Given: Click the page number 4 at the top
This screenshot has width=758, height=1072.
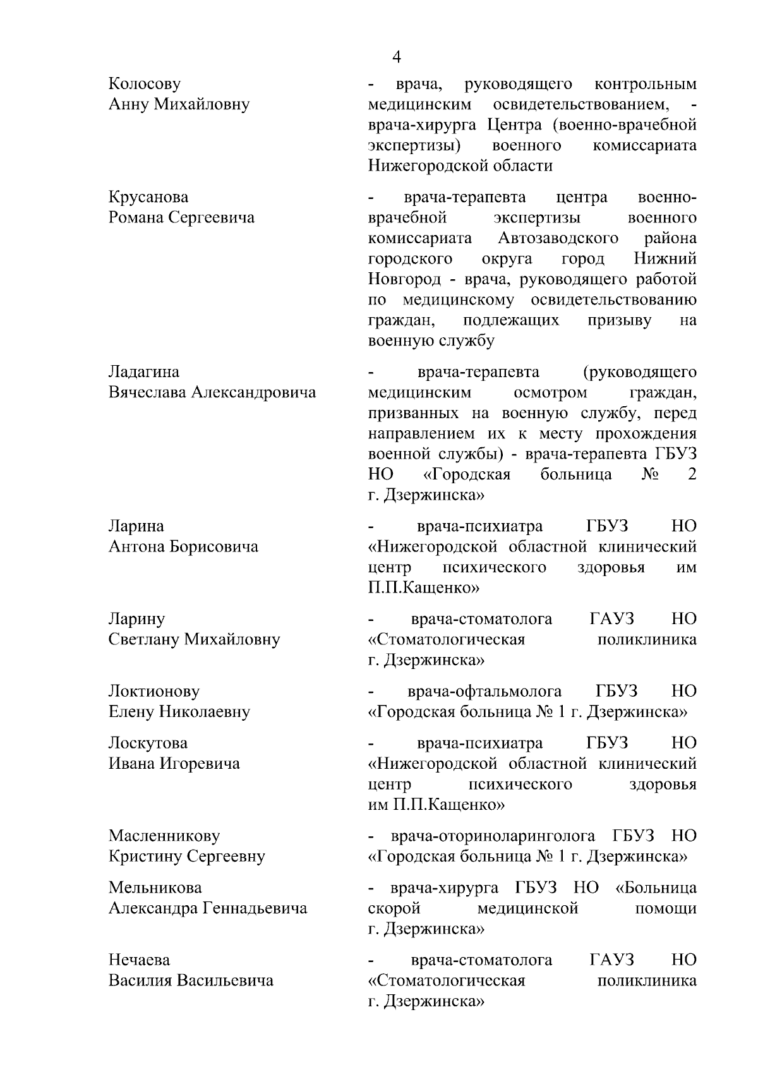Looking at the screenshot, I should tap(396, 57).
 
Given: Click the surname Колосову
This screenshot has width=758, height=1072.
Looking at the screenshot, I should tap(145, 84).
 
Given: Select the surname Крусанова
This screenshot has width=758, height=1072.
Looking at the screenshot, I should tap(148, 198).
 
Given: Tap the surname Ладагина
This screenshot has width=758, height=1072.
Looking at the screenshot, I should tap(144, 371).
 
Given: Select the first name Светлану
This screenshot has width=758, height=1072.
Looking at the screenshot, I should tap(143, 639).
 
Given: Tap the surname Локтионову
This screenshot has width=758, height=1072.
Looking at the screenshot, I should tap(154, 691).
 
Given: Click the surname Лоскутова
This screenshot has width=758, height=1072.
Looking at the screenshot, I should tap(148, 743).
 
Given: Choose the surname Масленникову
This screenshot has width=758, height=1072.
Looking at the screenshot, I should tap(164, 836).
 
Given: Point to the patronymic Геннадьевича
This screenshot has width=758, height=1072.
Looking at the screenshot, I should tap(255, 908).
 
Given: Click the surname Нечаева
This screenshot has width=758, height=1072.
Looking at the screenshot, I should tap(139, 960).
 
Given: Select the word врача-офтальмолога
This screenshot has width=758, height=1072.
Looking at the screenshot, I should tap(484, 691).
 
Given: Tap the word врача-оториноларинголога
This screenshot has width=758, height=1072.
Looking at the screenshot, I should tap(493, 836).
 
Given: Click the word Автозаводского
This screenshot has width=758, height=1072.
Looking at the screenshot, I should tap(558, 239).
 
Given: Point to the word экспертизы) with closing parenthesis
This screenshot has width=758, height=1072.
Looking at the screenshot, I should tap(414, 145).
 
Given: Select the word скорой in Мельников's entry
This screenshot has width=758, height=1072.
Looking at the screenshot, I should tap(394, 908).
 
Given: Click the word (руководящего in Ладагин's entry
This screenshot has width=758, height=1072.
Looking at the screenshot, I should tap(641, 371).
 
